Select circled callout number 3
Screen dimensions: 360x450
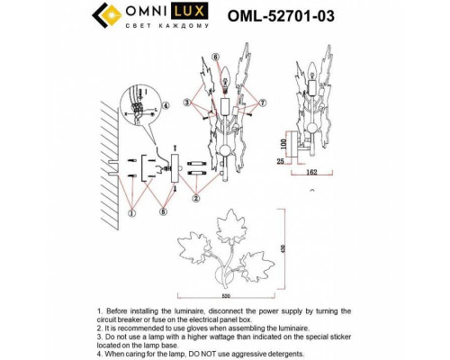point(186,104)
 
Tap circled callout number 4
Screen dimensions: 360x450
point(166,106)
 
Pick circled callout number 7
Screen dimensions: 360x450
point(264,104)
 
